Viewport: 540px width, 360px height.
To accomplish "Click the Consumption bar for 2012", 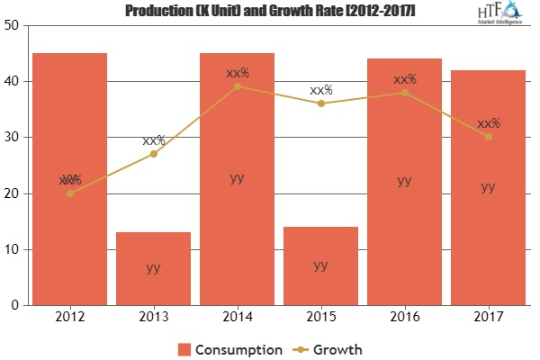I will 69,179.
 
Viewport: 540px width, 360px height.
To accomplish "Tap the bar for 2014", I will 237,179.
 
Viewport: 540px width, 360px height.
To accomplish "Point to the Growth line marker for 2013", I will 154,154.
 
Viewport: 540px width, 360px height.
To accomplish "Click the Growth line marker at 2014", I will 238,86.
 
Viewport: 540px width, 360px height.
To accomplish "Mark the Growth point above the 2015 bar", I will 321,103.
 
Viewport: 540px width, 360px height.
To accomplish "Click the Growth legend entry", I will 337,348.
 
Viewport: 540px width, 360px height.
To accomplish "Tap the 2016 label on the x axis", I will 404,318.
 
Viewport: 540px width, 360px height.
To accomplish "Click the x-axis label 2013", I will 153,318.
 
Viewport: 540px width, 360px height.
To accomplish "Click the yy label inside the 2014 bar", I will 237,178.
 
